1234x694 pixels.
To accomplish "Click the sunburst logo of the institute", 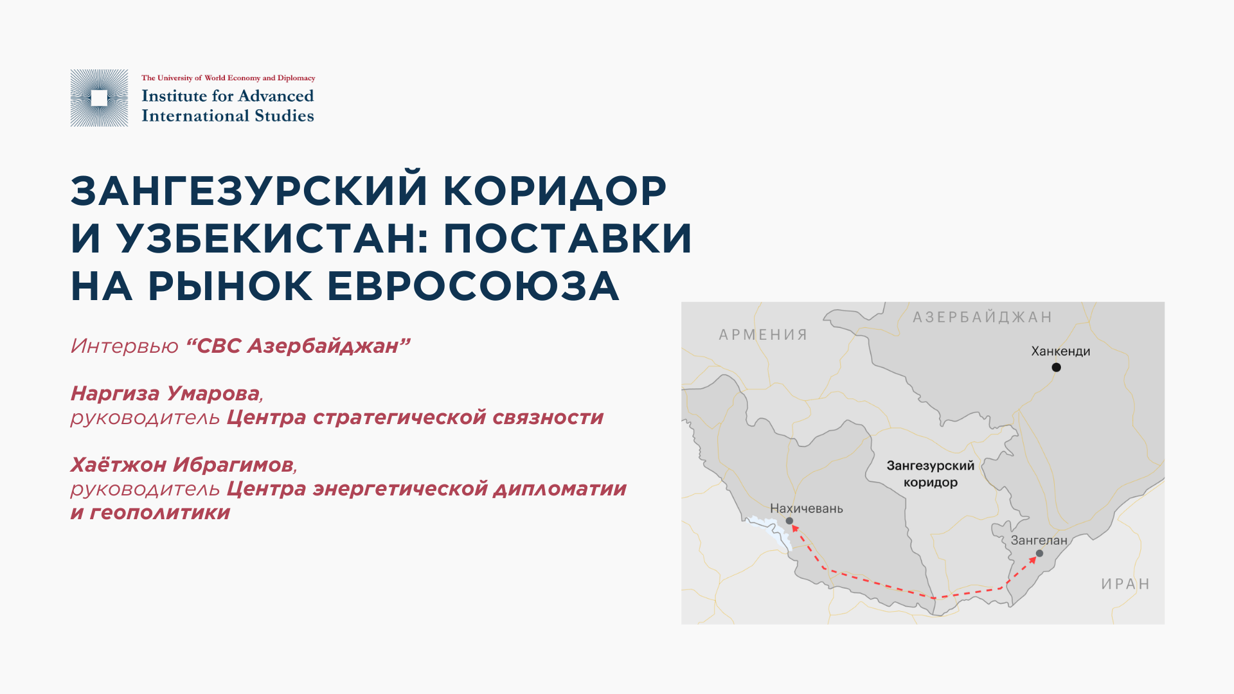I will tap(99, 98).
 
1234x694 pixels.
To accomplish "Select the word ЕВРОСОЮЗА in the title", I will tap(473, 286).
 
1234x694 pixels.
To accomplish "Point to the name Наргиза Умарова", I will tap(165, 393).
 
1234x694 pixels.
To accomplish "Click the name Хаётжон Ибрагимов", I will tap(182, 464).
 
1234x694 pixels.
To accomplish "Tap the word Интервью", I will tap(124, 346).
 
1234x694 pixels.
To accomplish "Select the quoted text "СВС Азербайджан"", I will tap(298, 346).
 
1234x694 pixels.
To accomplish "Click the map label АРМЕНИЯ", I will tap(763, 335).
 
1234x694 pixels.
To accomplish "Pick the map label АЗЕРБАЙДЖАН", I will tap(983, 317).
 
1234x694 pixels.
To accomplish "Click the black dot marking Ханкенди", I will tap(1056, 368).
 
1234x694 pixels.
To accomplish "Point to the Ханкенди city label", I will tap(1060, 351).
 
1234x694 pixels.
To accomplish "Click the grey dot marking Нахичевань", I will tap(789, 521).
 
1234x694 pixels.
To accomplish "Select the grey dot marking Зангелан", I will tap(1039, 553).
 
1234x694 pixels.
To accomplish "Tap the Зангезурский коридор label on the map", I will tap(931, 474).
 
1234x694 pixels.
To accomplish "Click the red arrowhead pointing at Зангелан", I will tap(1032, 560).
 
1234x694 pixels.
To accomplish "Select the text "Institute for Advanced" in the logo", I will tap(228, 96).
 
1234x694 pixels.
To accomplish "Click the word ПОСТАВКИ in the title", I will tap(568, 238).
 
